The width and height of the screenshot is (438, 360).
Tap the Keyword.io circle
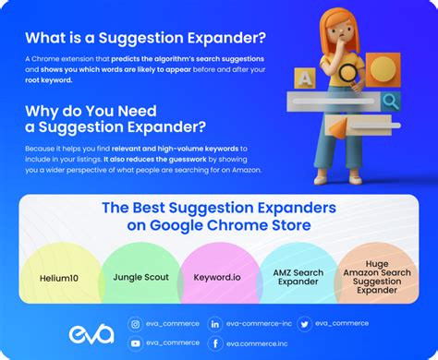point(218,276)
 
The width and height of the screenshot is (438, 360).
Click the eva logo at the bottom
point(91,333)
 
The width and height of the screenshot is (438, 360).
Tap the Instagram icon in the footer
point(136,324)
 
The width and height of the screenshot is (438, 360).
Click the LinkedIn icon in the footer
point(215,324)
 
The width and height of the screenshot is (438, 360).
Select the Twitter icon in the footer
point(305,324)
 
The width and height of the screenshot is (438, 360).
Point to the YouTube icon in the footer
point(136,343)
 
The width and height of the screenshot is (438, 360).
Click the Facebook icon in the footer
point(215,343)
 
